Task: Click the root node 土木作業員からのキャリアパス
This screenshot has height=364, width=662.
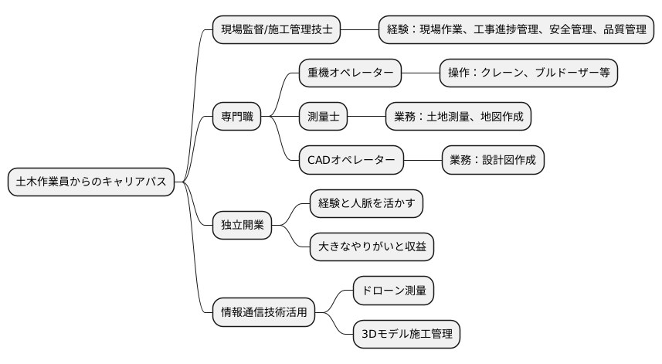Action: (91, 182)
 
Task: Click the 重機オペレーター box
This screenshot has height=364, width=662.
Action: (350, 73)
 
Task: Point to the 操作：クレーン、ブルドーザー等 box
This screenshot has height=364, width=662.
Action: (528, 73)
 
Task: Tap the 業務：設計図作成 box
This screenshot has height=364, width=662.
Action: (492, 160)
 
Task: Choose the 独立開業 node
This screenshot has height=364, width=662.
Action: (243, 226)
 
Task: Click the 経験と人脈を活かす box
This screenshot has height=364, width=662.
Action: (366, 204)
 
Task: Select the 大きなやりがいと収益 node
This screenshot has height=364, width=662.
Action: (372, 247)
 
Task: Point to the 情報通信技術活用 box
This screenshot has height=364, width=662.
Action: (264, 312)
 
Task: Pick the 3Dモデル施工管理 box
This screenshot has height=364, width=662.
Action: (406, 334)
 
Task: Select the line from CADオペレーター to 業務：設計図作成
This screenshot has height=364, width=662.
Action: (422, 160)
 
